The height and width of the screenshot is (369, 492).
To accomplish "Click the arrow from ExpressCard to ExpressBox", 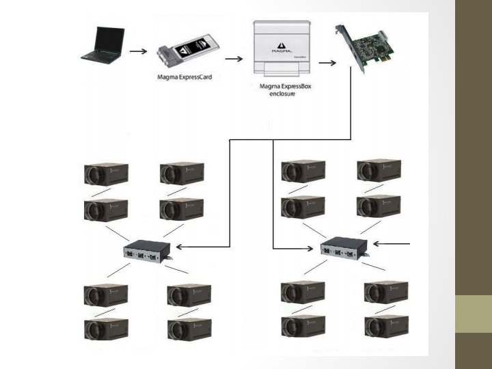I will tap(234, 59).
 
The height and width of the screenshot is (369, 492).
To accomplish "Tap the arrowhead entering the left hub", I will tap(179, 246).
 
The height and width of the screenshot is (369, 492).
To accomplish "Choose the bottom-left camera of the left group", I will tap(105, 330).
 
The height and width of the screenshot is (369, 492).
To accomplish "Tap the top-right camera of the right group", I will tap(379, 171).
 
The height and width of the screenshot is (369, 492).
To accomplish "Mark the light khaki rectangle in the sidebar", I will tap(474, 314).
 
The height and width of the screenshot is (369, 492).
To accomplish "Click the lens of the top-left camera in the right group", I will tap(286, 172).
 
